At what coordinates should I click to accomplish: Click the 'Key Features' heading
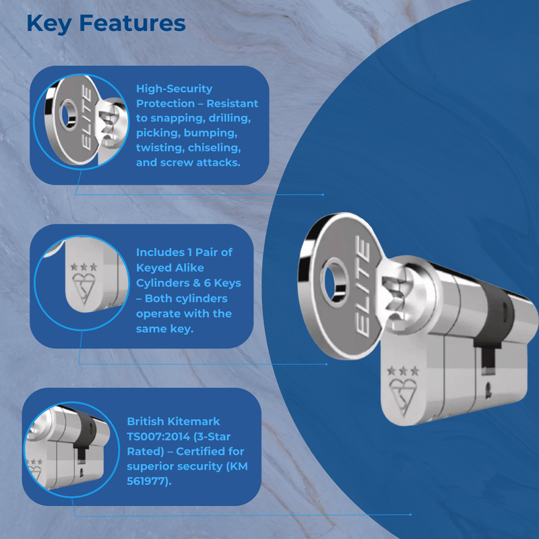tap(106, 23)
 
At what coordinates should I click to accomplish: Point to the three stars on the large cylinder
tap(404, 371)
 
